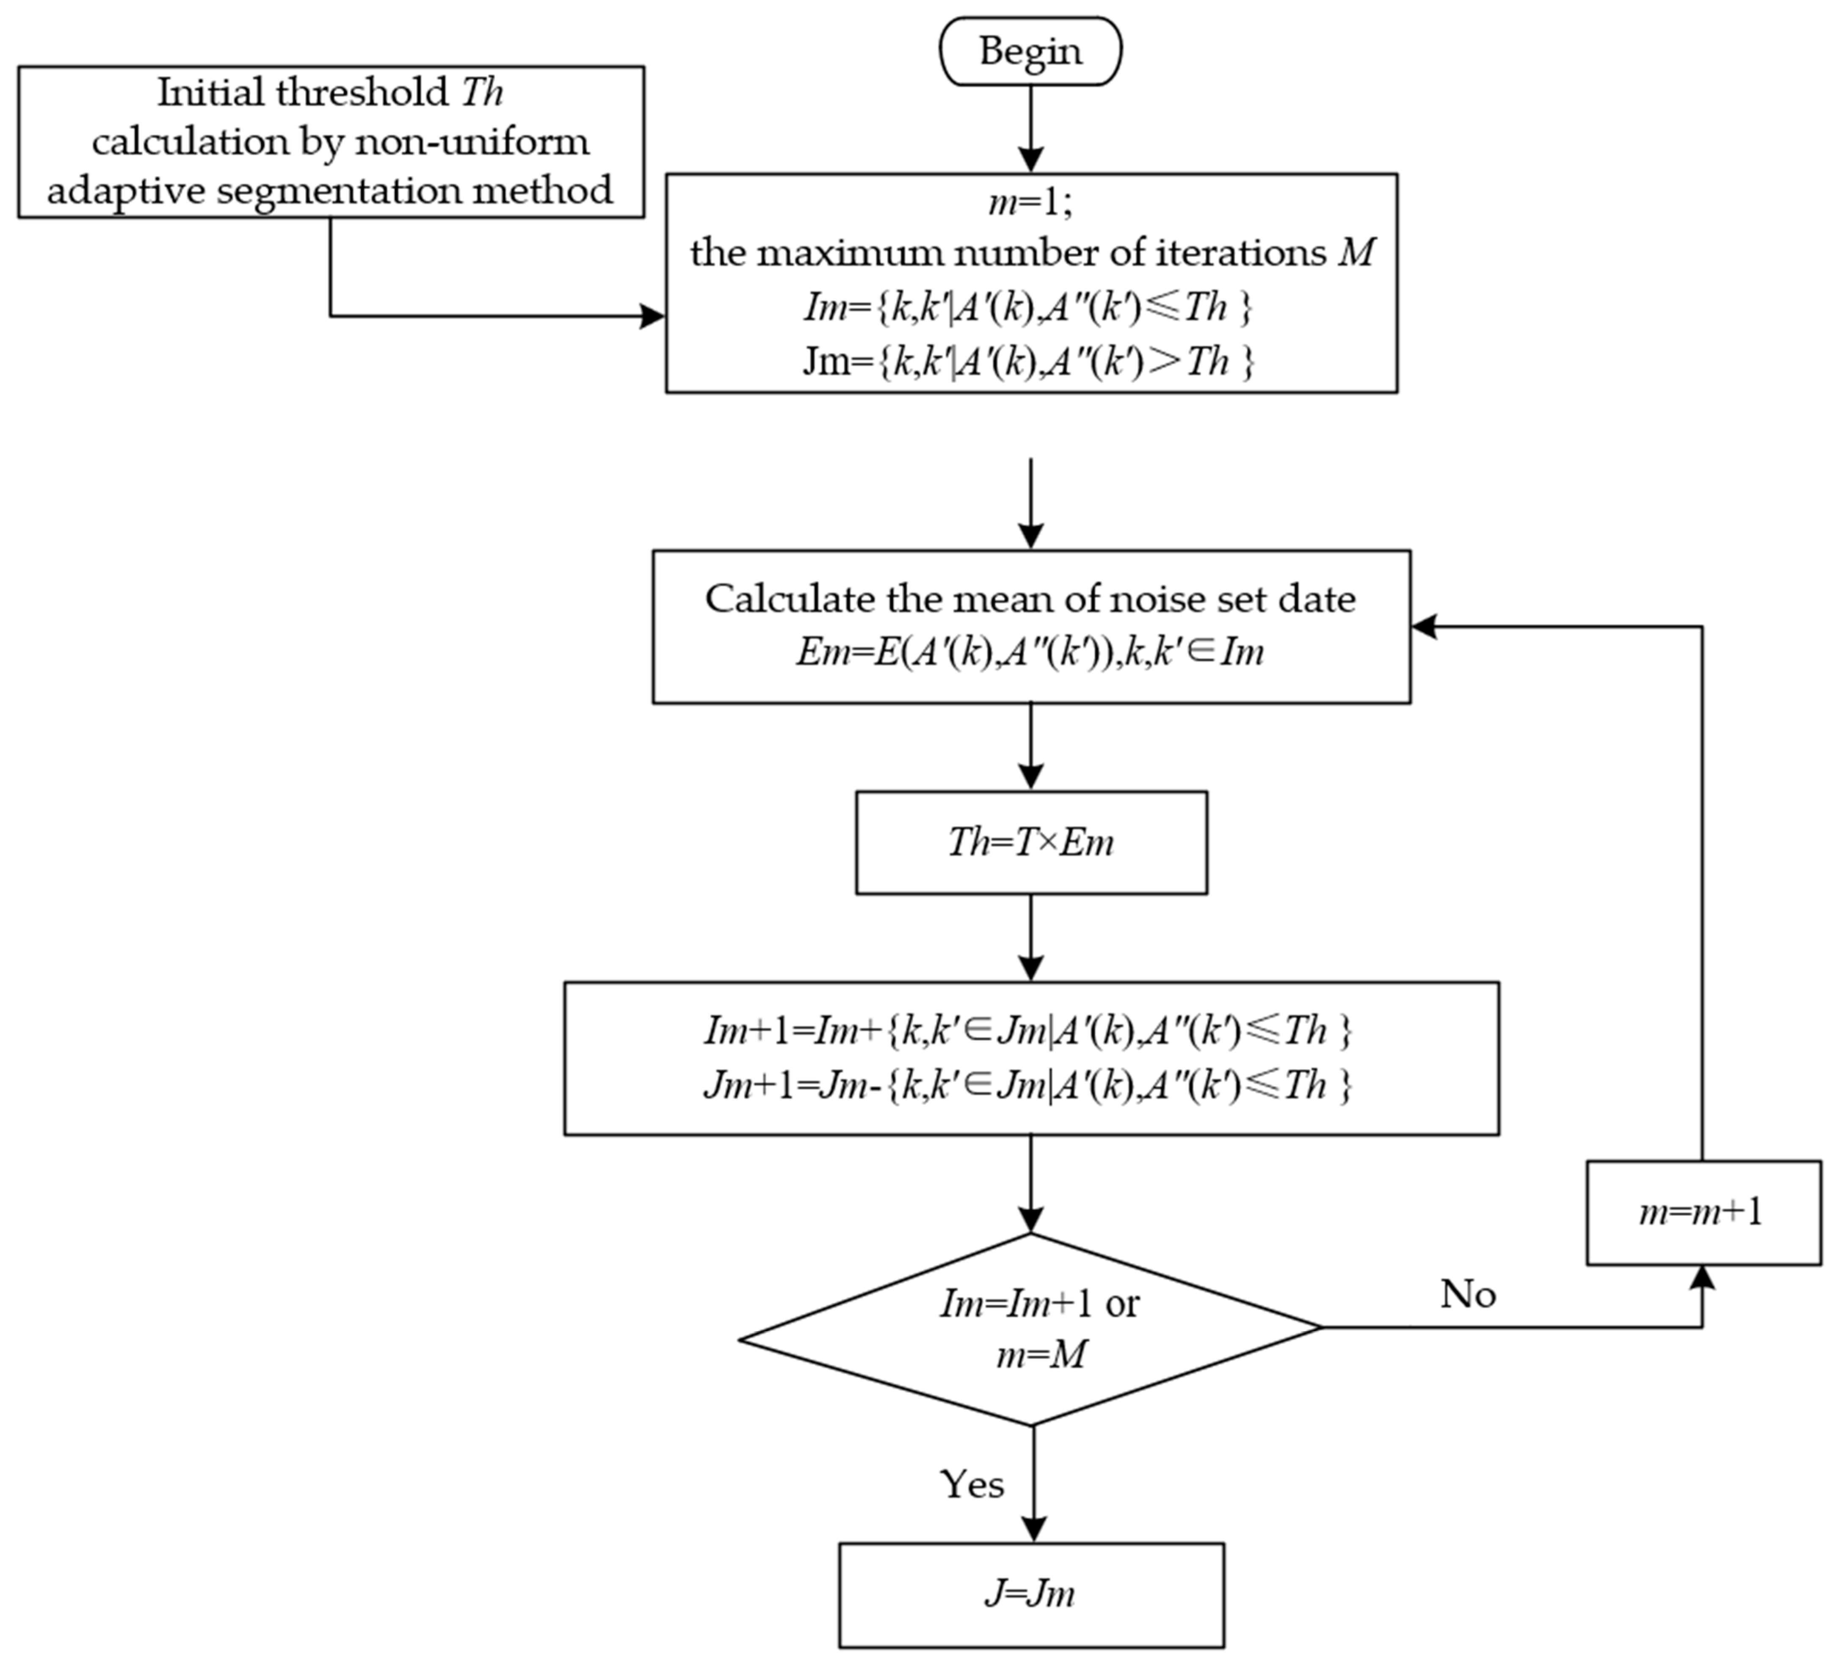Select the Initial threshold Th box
click(331, 142)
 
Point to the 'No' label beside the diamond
click(1467, 1294)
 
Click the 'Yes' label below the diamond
click(972, 1485)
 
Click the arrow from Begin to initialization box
click(1030, 128)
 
